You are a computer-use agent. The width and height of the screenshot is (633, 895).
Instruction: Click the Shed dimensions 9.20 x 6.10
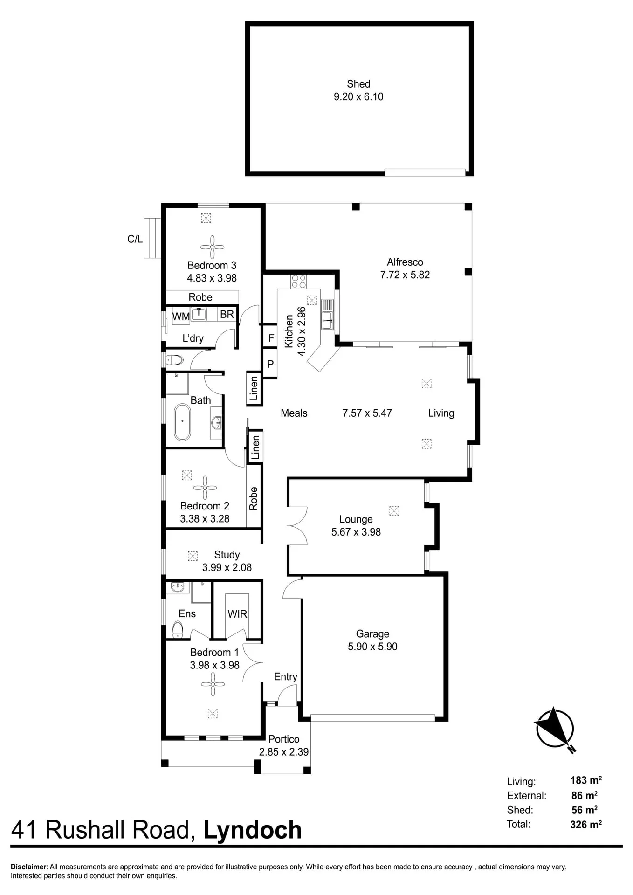coord(358,97)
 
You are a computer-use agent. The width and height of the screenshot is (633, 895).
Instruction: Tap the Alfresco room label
coord(405,262)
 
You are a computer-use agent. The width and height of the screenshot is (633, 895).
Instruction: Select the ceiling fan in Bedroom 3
coord(212,247)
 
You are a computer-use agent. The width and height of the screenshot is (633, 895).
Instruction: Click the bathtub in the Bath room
coord(182,422)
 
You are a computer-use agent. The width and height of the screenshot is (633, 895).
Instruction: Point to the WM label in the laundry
coord(181,317)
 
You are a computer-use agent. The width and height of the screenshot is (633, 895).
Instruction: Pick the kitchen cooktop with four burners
coord(299,282)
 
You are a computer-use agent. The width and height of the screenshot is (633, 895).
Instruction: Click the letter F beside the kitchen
coord(271,338)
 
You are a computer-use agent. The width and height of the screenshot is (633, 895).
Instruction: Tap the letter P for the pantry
coord(270,364)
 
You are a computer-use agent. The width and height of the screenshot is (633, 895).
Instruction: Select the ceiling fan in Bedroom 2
coord(205,488)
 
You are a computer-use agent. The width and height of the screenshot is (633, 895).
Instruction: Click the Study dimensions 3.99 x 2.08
coord(227,567)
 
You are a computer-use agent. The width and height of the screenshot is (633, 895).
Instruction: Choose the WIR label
coord(237,614)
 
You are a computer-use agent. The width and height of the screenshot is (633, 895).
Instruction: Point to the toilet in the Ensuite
coord(178,630)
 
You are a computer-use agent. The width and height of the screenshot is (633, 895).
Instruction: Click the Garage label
coord(372,633)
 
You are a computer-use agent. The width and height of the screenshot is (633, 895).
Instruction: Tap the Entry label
coord(286,677)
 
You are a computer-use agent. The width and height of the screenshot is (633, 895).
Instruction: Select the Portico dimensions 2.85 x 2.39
coord(284,752)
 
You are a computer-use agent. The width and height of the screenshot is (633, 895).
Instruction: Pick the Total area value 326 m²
coord(586,824)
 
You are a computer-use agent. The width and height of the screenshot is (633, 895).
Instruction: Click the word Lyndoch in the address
coord(253,830)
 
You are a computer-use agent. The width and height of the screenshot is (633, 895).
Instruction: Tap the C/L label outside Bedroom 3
coord(135,239)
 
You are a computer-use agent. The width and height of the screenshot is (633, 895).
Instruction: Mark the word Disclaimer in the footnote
coord(29,867)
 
